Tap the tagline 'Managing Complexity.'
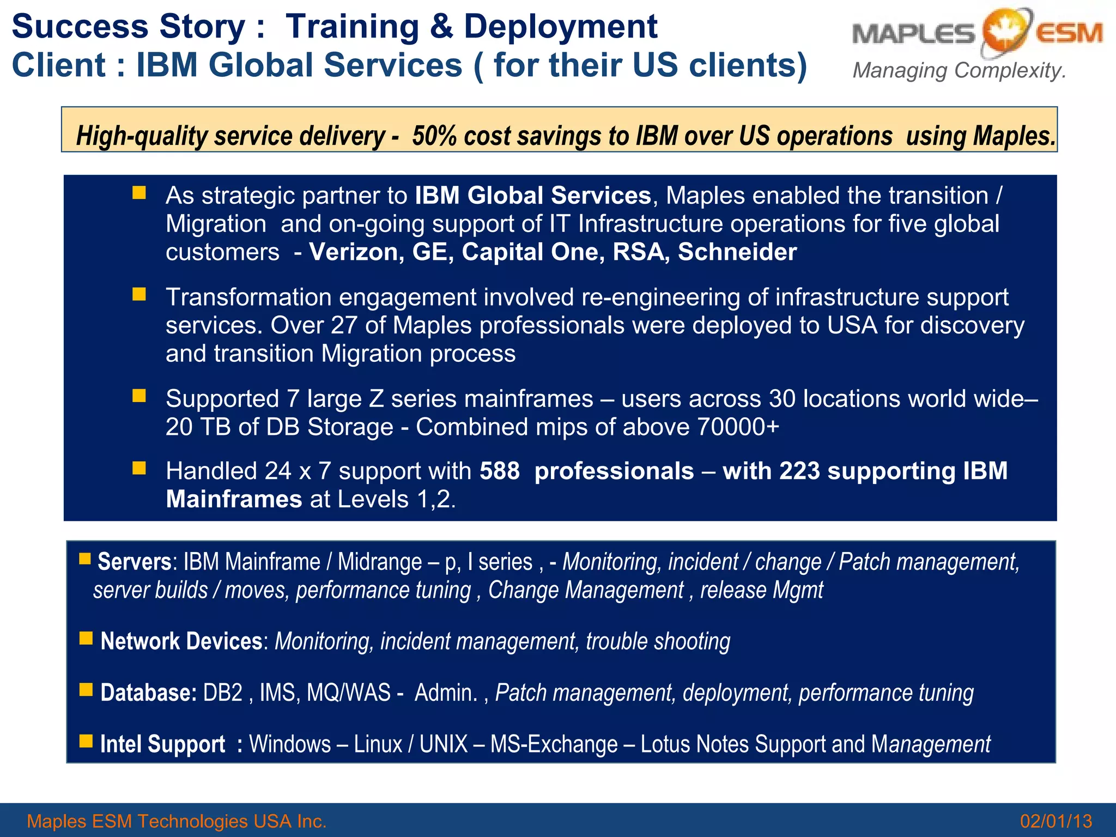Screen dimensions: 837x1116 (x=959, y=71)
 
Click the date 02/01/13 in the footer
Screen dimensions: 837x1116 (x=1056, y=821)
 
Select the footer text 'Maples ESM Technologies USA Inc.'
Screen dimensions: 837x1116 (x=177, y=821)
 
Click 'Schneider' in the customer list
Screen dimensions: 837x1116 (x=737, y=252)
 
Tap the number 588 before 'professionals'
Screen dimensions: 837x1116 (x=500, y=471)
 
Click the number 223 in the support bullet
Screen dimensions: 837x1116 (x=799, y=471)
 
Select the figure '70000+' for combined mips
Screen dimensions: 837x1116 (x=738, y=427)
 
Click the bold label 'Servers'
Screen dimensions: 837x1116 (x=135, y=562)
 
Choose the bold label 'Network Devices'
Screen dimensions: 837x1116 (x=181, y=641)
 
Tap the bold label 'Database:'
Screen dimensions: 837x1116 (x=148, y=693)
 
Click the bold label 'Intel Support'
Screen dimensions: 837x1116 (x=162, y=744)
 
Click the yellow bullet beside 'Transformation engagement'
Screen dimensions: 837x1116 (x=139, y=295)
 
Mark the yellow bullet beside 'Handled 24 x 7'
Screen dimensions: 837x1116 (x=139, y=468)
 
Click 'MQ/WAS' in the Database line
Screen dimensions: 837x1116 (x=349, y=693)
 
